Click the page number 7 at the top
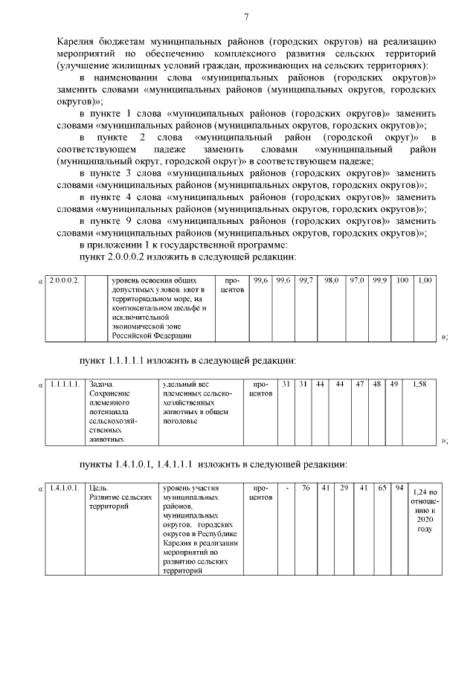tap(246, 16)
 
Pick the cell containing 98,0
tap(331, 280)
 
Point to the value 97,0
tap(358, 280)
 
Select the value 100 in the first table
tap(402, 280)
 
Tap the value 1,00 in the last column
tap(425, 280)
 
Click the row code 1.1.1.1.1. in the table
tap(65, 384)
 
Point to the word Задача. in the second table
tap(100, 384)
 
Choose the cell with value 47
tap(360, 384)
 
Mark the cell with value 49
tap(394, 384)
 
